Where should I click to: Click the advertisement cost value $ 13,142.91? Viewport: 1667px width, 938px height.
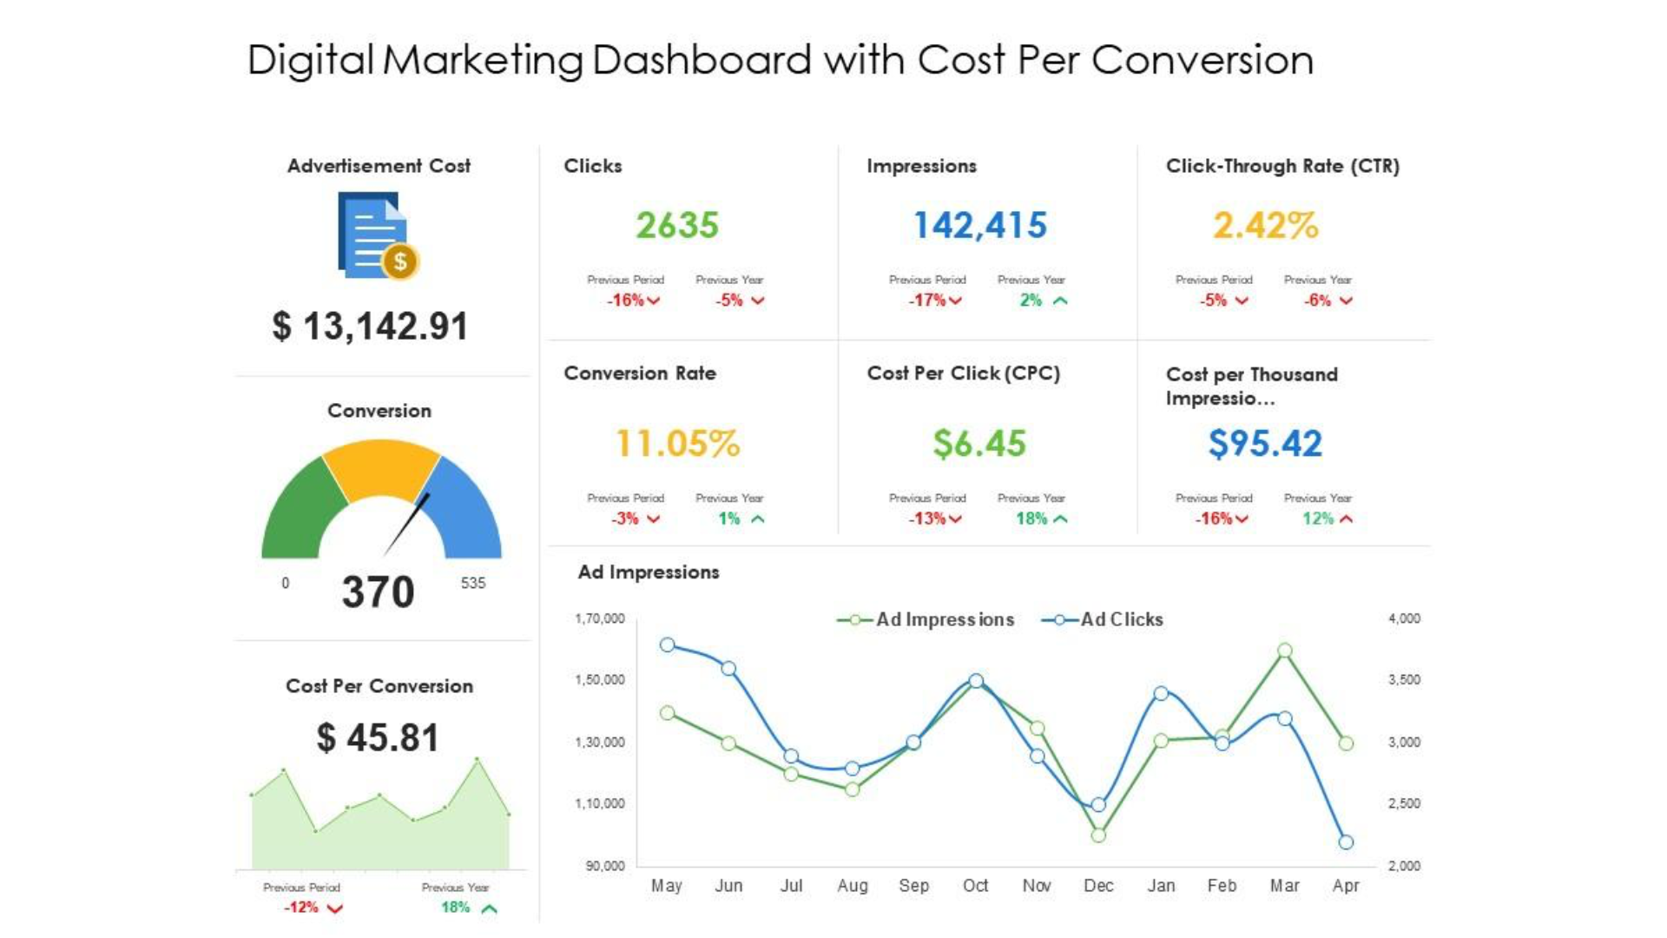click(371, 327)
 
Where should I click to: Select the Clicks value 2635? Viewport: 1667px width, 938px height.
click(677, 226)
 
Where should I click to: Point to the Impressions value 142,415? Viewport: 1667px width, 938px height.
click(979, 226)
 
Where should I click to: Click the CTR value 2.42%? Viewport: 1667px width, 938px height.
click(1265, 226)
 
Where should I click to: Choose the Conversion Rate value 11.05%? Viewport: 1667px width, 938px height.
click(677, 444)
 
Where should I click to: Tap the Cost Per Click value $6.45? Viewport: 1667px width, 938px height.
click(979, 444)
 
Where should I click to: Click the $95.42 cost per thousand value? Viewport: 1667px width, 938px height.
click(1265, 444)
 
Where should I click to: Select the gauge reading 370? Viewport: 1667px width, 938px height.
click(378, 592)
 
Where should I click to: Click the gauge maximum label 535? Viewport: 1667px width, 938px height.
click(472, 584)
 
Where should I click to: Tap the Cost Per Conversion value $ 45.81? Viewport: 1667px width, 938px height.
click(378, 738)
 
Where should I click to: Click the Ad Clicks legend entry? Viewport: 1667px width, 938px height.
click(1103, 620)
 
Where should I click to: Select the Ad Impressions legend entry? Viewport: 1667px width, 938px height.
click(926, 620)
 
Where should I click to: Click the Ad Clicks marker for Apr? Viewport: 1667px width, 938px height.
click(1346, 842)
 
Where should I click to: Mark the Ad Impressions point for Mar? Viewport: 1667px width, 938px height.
click(1285, 651)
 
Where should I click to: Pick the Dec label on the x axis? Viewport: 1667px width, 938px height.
click(1098, 886)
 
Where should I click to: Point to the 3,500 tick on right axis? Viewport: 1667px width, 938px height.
click(1404, 680)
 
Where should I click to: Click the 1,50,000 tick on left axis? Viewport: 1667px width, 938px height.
click(600, 680)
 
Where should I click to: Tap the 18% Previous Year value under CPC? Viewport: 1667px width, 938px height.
click(1031, 519)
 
